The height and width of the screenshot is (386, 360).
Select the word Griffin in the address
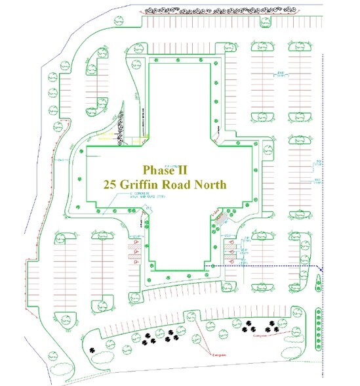point(158,184)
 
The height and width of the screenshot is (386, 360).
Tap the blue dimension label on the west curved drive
point(60,159)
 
